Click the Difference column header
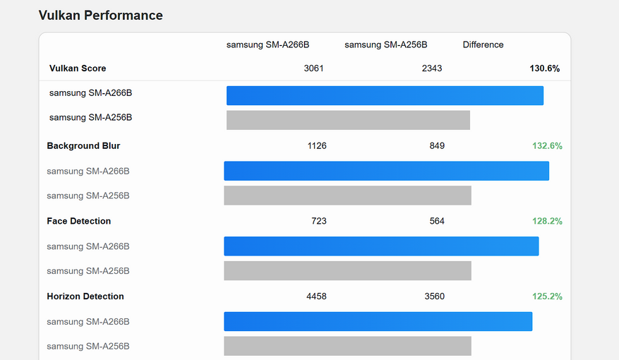(x=483, y=44)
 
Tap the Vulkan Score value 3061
(x=314, y=68)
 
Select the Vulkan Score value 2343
(x=432, y=68)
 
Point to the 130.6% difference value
(x=544, y=68)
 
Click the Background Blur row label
(x=83, y=145)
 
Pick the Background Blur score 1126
(x=317, y=145)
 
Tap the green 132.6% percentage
(x=547, y=145)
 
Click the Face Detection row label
(x=79, y=221)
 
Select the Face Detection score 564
(x=437, y=221)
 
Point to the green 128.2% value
(x=547, y=221)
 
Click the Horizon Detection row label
(x=85, y=296)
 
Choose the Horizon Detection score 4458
(x=316, y=296)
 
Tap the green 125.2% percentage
(x=547, y=296)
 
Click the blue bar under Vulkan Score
(x=385, y=95)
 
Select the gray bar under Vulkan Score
(x=348, y=120)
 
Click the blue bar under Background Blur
(x=386, y=171)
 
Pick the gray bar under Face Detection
(x=347, y=270)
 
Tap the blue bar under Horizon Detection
(x=378, y=321)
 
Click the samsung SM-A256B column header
(x=385, y=44)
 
